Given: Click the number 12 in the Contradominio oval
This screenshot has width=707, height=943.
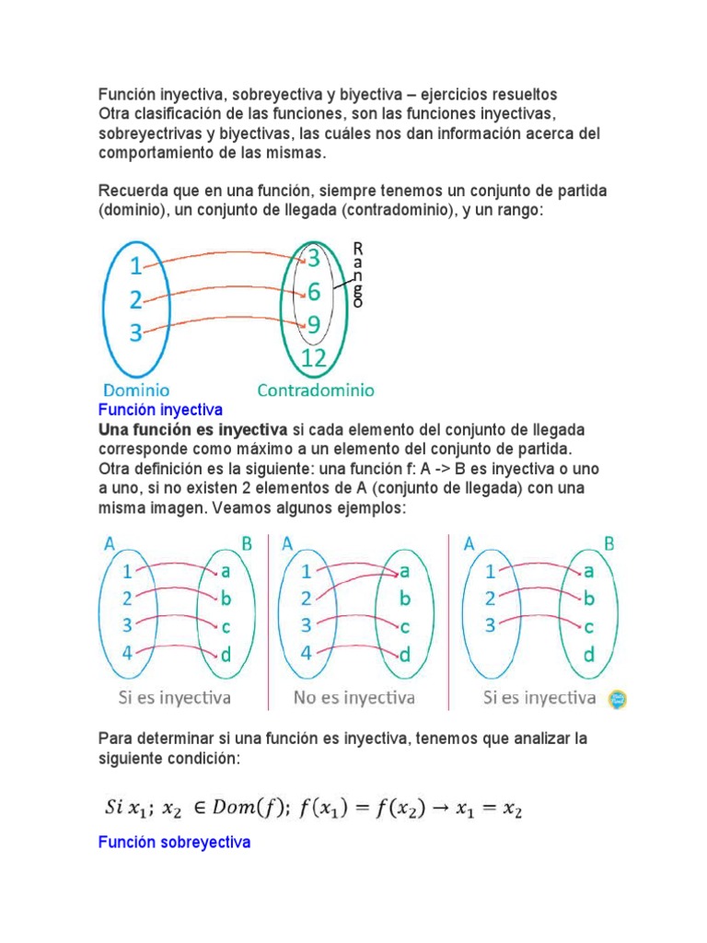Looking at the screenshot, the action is coord(313,358).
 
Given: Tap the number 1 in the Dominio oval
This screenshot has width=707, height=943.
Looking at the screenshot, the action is coord(135,267).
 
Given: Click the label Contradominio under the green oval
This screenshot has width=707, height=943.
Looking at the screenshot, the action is coord(316,390).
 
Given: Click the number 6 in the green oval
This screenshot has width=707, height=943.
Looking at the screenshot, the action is coord(313,292).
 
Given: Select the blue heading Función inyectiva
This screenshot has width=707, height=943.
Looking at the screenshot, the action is coord(160,410).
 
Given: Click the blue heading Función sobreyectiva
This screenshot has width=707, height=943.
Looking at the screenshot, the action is coord(174,841).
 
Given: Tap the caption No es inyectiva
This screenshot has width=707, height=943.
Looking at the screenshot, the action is coord(353,697).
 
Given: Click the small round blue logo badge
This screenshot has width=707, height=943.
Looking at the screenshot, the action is coord(619,699).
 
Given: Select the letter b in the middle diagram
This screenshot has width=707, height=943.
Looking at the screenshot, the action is coord(403,599).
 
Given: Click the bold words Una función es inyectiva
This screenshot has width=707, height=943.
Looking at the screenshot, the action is coord(192,430).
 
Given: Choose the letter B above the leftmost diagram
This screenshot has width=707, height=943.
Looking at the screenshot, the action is coord(246,543).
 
